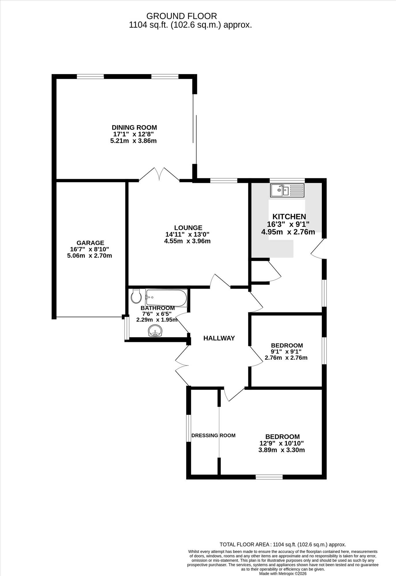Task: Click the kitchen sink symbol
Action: click(x=287, y=191)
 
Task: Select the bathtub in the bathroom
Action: click(x=166, y=298)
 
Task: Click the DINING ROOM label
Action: click(x=134, y=127)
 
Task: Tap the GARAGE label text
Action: click(x=90, y=243)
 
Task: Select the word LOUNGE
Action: click(x=188, y=228)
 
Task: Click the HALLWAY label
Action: click(x=219, y=338)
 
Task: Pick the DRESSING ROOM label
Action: click(x=213, y=435)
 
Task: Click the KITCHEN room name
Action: click(x=289, y=217)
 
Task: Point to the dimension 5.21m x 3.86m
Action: click(x=134, y=141)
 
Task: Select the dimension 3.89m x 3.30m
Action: click(x=281, y=450)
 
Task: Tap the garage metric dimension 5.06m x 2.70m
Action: click(x=90, y=255)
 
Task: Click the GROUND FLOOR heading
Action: click(x=182, y=16)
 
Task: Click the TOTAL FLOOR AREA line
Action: click(x=283, y=544)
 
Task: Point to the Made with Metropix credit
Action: click(x=283, y=574)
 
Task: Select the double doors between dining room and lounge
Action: click(x=159, y=174)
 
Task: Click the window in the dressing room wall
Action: click(x=188, y=428)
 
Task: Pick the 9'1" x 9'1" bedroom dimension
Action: click(x=286, y=352)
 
